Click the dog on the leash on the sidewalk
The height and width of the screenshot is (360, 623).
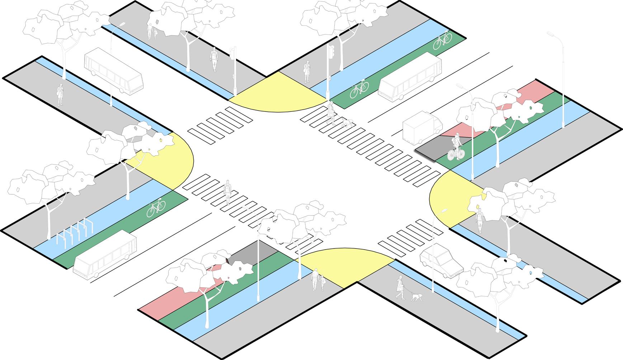416,297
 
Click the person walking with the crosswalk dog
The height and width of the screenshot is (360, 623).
331,112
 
